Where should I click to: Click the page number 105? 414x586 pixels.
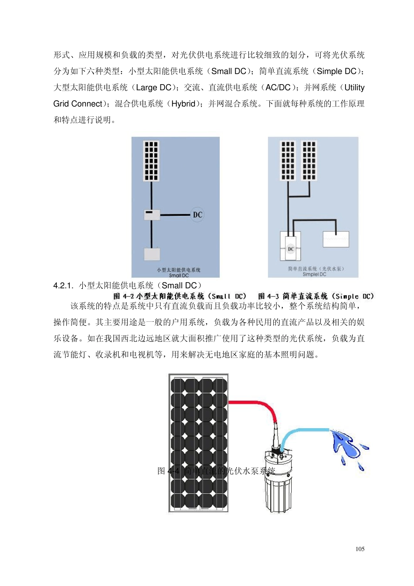pyautogui.click(x=360, y=549)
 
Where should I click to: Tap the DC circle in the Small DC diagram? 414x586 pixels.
pyautogui.click(x=197, y=215)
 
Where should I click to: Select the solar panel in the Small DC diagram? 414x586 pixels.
pyautogui.click(x=151, y=161)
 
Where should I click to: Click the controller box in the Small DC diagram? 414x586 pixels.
pyautogui.click(x=152, y=215)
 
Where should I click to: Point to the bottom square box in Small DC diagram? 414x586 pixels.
pyautogui.click(x=152, y=254)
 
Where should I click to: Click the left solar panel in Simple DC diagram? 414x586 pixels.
pyautogui.click(x=288, y=160)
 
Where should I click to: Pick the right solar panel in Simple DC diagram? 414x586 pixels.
pyautogui.click(x=309, y=160)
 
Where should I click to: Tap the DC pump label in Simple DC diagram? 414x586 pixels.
pyautogui.click(x=291, y=249)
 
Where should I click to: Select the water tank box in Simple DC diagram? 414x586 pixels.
pyautogui.click(x=336, y=239)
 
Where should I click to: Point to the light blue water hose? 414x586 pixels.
pyautogui.click(x=305, y=430)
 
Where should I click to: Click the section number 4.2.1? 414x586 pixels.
pyautogui.click(x=64, y=286)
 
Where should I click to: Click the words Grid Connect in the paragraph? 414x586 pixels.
pyautogui.click(x=78, y=104)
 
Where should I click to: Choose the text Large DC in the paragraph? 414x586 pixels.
pyautogui.click(x=153, y=88)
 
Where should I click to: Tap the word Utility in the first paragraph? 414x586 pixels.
pyautogui.click(x=354, y=88)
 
